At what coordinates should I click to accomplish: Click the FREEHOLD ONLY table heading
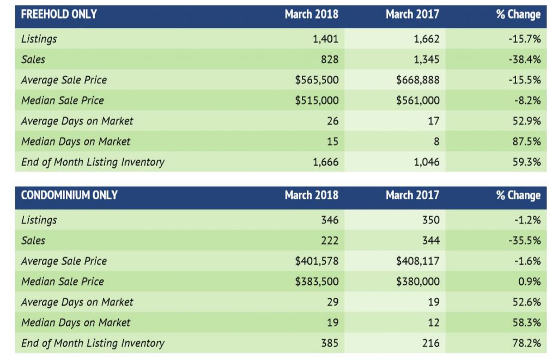(x=59, y=15)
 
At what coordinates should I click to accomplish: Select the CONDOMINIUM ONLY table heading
(x=69, y=196)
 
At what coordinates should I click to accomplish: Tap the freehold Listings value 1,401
(x=325, y=39)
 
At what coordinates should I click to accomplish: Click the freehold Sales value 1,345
(x=425, y=59)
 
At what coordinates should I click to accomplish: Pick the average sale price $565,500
(x=317, y=80)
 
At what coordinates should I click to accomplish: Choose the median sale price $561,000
(x=418, y=101)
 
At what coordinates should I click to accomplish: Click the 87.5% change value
(x=526, y=142)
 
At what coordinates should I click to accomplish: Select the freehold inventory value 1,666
(x=325, y=162)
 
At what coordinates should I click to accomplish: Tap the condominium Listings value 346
(x=329, y=220)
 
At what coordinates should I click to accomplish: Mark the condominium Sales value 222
(x=329, y=241)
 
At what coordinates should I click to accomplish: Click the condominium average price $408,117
(x=418, y=261)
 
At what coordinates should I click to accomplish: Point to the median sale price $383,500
(x=317, y=282)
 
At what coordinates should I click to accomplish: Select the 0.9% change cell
(x=529, y=282)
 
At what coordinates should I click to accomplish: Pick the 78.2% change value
(x=526, y=343)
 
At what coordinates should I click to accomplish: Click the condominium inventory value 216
(x=430, y=343)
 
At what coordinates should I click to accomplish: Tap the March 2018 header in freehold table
(x=311, y=15)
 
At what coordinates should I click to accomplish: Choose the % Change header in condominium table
(x=518, y=196)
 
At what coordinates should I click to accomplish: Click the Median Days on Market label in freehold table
(x=76, y=142)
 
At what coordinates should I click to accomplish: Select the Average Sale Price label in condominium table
(x=64, y=261)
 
